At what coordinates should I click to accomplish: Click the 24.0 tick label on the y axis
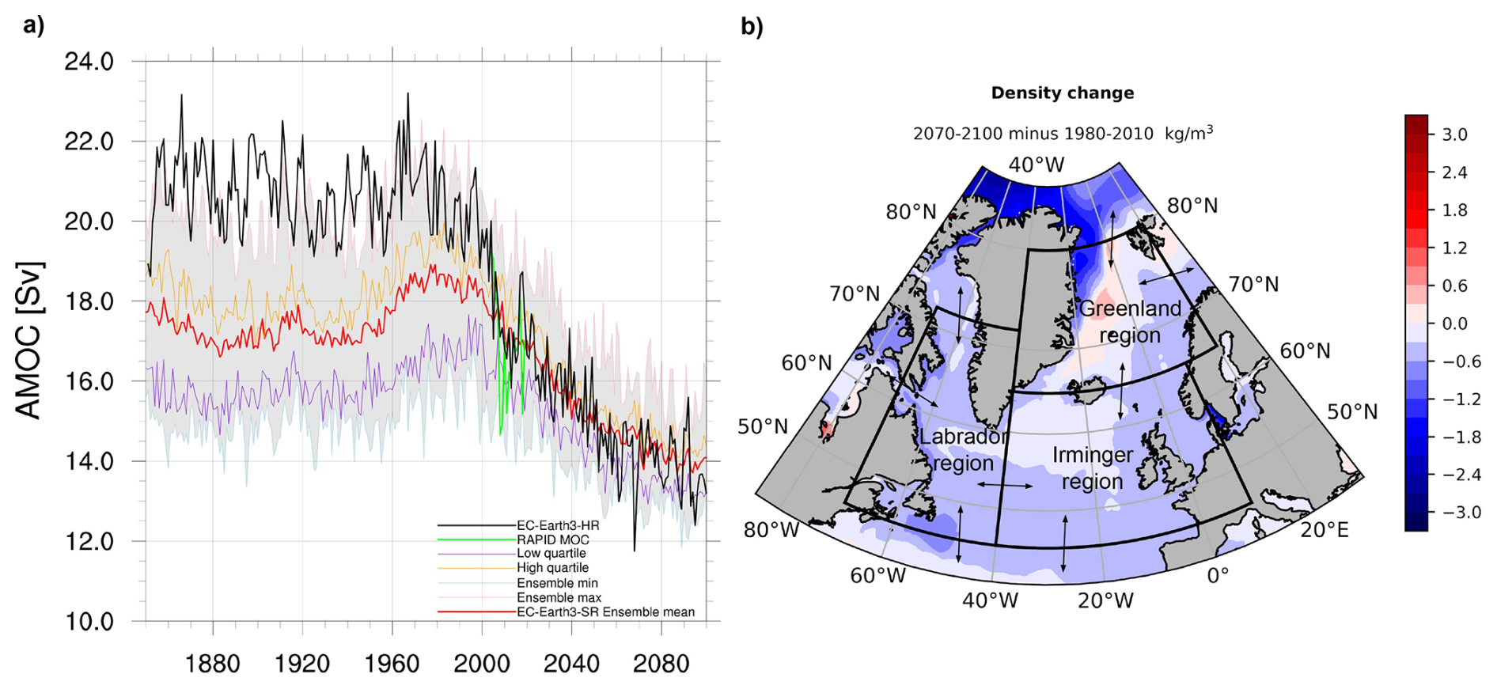(x=89, y=61)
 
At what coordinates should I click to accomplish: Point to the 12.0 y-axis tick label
(x=89, y=542)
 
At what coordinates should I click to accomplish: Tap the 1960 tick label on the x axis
(x=392, y=663)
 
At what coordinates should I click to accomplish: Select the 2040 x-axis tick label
(x=571, y=663)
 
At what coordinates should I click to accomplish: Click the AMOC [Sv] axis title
(x=29, y=340)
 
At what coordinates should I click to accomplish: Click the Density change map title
(x=1063, y=93)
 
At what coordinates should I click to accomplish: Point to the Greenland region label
(x=1130, y=322)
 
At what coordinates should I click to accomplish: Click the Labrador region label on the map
(x=963, y=449)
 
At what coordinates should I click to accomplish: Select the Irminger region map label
(x=1093, y=468)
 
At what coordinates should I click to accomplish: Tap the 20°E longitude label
(x=1325, y=530)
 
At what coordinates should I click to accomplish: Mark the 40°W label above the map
(x=1037, y=165)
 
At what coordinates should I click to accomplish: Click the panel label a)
(x=34, y=26)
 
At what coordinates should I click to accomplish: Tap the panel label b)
(x=752, y=27)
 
